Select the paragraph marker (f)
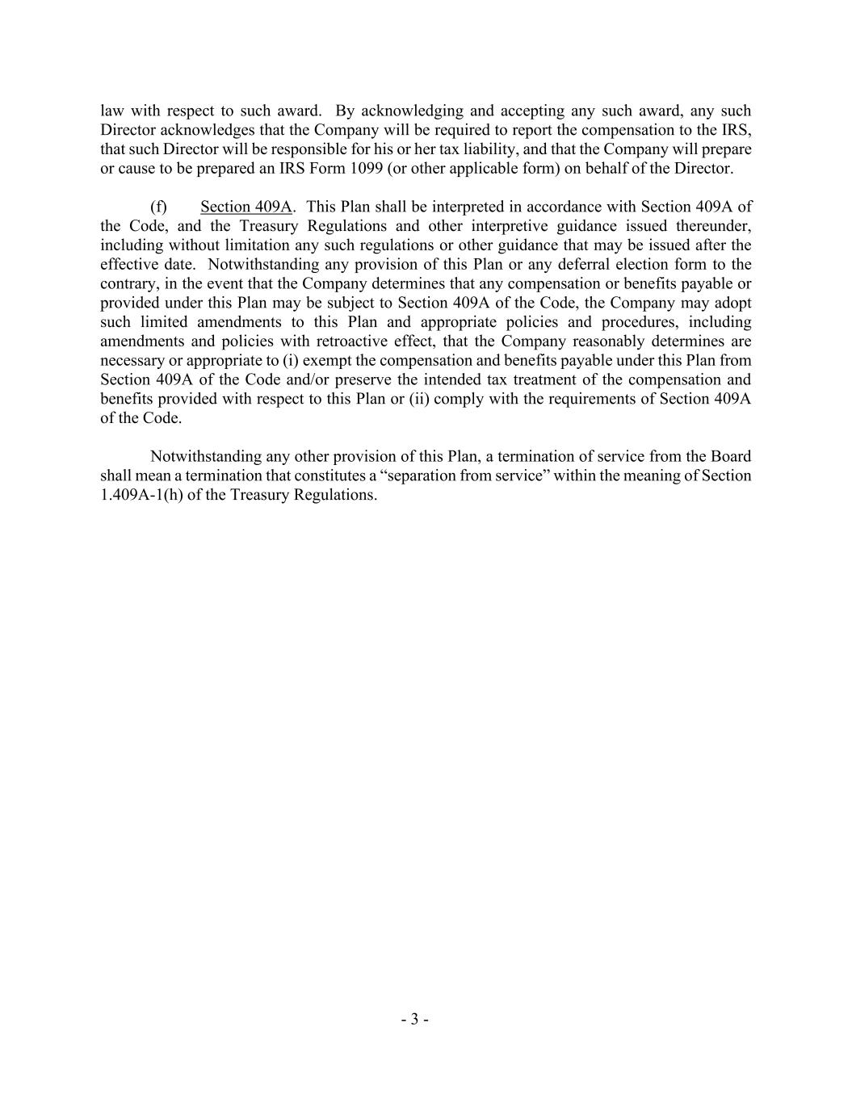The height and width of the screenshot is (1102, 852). pyautogui.click(x=158, y=207)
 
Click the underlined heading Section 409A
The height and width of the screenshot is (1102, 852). pyautogui.click(x=246, y=207)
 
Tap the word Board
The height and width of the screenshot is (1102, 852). pyautogui.click(x=731, y=456)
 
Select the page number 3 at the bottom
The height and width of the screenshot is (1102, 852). pyautogui.click(x=414, y=1020)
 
